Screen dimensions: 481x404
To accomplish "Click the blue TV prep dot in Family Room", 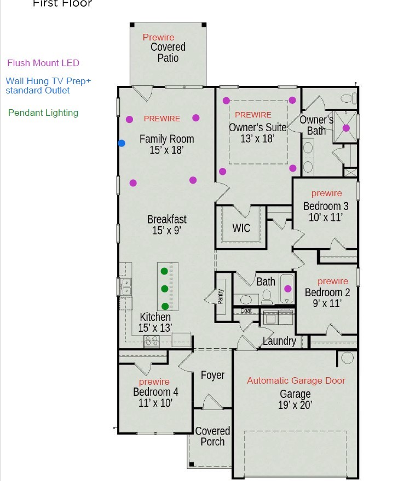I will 122,143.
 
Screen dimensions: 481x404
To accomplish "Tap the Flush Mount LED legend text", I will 43,63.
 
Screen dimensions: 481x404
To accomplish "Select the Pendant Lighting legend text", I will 43,113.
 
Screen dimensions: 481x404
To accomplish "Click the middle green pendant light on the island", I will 164,288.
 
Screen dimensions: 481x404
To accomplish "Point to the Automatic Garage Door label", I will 296,380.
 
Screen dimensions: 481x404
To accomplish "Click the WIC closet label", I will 241,228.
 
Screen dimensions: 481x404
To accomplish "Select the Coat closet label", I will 246,310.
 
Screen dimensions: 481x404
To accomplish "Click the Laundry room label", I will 279,341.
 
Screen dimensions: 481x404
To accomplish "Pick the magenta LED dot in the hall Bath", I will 288,289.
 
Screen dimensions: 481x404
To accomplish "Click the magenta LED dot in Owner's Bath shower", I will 346,128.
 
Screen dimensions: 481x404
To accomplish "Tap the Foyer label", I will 212,375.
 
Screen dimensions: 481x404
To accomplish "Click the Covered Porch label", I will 212,436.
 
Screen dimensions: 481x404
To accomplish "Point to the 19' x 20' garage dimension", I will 295,405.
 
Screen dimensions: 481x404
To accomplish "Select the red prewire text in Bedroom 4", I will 154,382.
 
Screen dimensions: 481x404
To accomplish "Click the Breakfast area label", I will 166,219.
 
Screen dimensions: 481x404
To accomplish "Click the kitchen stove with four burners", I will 151,341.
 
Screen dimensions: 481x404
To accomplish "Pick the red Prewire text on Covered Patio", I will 159,37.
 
